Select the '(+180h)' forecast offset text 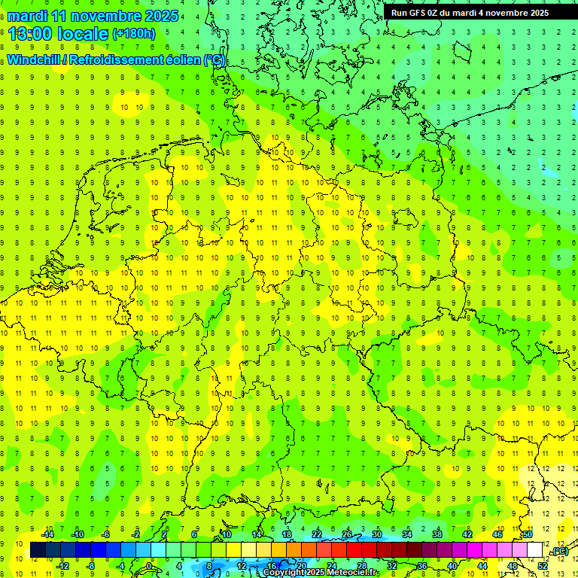click(x=133, y=34)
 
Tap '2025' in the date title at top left click(x=161, y=16)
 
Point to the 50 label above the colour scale click(x=528, y=534)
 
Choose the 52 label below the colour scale click(x=543, y=565)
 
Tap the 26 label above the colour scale click(x=347, y=534)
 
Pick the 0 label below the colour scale click(x=149, y=565)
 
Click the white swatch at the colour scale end click(x=535, y=550)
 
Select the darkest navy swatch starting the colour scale click(x=38, y=550)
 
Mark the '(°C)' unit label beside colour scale click(x=559, y=552)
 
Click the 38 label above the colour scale click(x=437, y=534)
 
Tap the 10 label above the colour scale click(x=227, y=534)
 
